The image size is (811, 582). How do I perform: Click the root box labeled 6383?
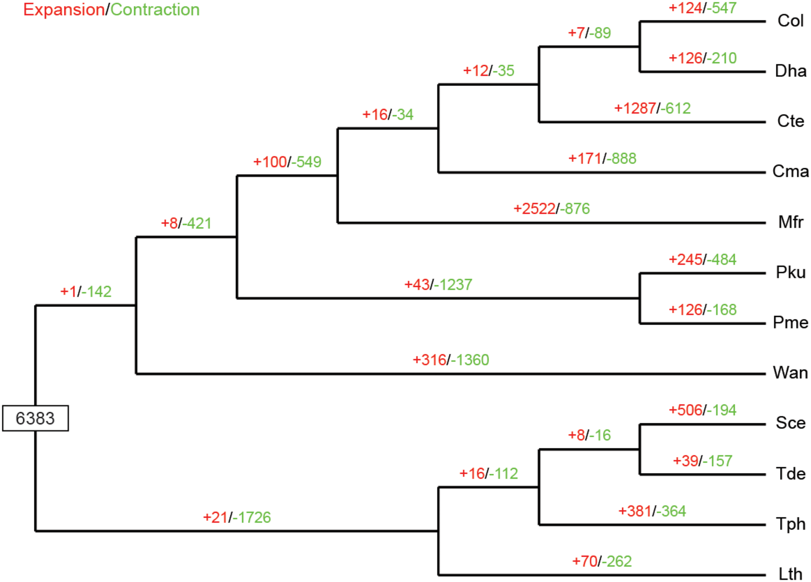pos(35,418)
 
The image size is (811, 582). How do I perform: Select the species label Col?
pos(790,21)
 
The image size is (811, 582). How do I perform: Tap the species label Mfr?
pos(791,222)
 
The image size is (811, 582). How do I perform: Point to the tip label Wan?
pos(790,373)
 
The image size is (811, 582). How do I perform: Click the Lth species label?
pos(790,574)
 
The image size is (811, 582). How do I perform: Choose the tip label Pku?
pos(791,272)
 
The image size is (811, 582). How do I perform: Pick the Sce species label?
pos(791,423)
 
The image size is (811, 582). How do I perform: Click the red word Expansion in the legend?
pos(64,10)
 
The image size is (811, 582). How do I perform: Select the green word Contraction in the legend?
pos(155,10)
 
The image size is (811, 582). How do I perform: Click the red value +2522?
pos(534,209)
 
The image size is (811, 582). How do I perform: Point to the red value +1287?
pos(635,108)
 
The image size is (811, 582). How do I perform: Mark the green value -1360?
pos(470,360)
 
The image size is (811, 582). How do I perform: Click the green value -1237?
pos(453,284)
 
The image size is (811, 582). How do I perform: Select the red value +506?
pos(686,410)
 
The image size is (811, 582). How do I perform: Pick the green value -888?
pos(622,159)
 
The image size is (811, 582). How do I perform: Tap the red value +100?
pos(270,162)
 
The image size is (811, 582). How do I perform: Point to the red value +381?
pos(635,511)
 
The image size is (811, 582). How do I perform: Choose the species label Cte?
pos(791,121)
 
